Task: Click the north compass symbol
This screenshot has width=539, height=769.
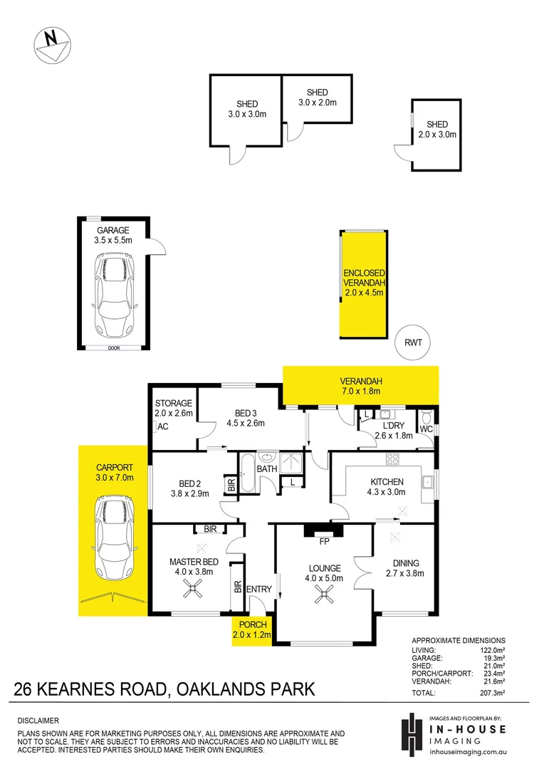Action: pos(52,43)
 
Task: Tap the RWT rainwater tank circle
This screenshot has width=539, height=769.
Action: pos(413,342)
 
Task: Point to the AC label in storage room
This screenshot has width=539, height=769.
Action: pos(162,427)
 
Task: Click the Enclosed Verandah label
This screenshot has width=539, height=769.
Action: pos(364,282)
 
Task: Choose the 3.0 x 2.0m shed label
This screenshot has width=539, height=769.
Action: pos(317,98)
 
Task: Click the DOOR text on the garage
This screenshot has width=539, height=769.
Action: pos(114,348)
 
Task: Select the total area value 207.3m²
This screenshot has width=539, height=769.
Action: pos(491,692)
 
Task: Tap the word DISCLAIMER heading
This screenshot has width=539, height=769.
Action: pos(38,720)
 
